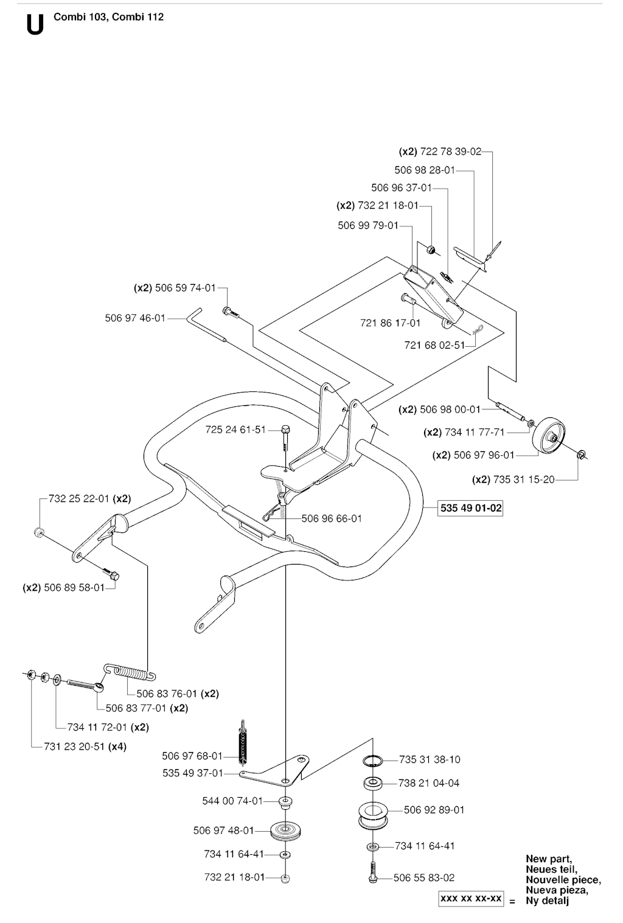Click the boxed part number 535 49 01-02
[x=470, y=507]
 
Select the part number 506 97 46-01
[x=135, y=318]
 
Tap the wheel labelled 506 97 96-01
[x=549, y=436]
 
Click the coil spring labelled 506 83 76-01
[x=130, y=671]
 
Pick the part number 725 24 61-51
[x=235, y=430]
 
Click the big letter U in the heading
[x=36, y=25]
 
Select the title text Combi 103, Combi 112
[x=108, y=17]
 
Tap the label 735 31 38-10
[x=430, y=759]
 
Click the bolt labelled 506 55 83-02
[x=373, y=872]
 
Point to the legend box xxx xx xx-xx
[x=471, y=899]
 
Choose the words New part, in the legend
[x=549, y=859]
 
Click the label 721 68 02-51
[x=434, y=345]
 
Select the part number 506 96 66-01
[x=332, y=518]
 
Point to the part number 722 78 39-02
[x=451, y=152]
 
